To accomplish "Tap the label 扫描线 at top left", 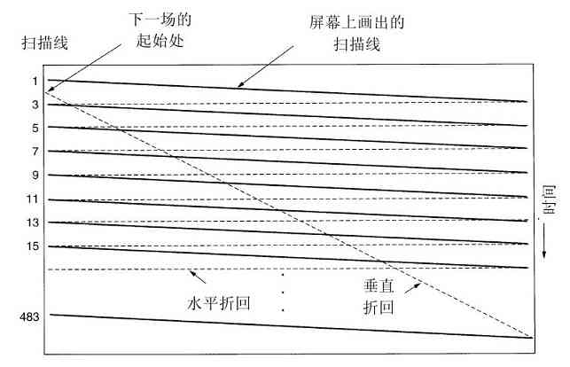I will tap(42, 42).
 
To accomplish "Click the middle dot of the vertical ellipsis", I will tap(283, 293).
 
